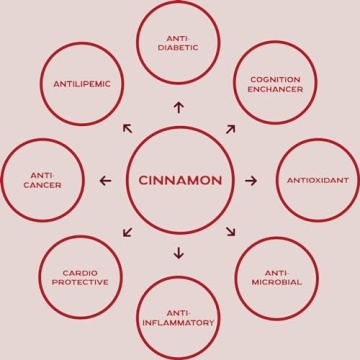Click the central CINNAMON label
click(179, 181)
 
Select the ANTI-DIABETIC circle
click(178, 43)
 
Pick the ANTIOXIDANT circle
click(316, 181)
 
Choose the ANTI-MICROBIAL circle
click(275, 277)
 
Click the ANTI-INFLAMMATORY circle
click(178, 318)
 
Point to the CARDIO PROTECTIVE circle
click(80, 276)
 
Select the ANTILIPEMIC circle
click(81, 84)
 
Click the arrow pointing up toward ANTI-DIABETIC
click(178, 108)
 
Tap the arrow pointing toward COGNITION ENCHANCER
click(230, 128)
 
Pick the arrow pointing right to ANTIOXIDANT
click(251, 181)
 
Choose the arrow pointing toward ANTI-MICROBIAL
click(230, 232)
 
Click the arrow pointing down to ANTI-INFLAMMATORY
click(178, 252)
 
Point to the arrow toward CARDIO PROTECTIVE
click(127, 232)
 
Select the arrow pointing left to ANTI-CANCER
click(106, 181)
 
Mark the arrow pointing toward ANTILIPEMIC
click(127, 128)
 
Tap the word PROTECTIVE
click(80, 282)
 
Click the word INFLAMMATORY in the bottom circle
click(178, 323)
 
